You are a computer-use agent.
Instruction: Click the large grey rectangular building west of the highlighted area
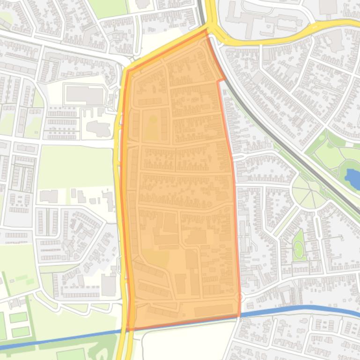84,95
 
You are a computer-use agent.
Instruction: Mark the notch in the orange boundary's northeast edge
220,81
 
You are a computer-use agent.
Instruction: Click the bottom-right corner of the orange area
239,316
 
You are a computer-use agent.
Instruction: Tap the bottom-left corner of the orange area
129,329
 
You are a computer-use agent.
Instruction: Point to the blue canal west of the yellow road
61,339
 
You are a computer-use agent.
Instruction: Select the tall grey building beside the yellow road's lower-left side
109,285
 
